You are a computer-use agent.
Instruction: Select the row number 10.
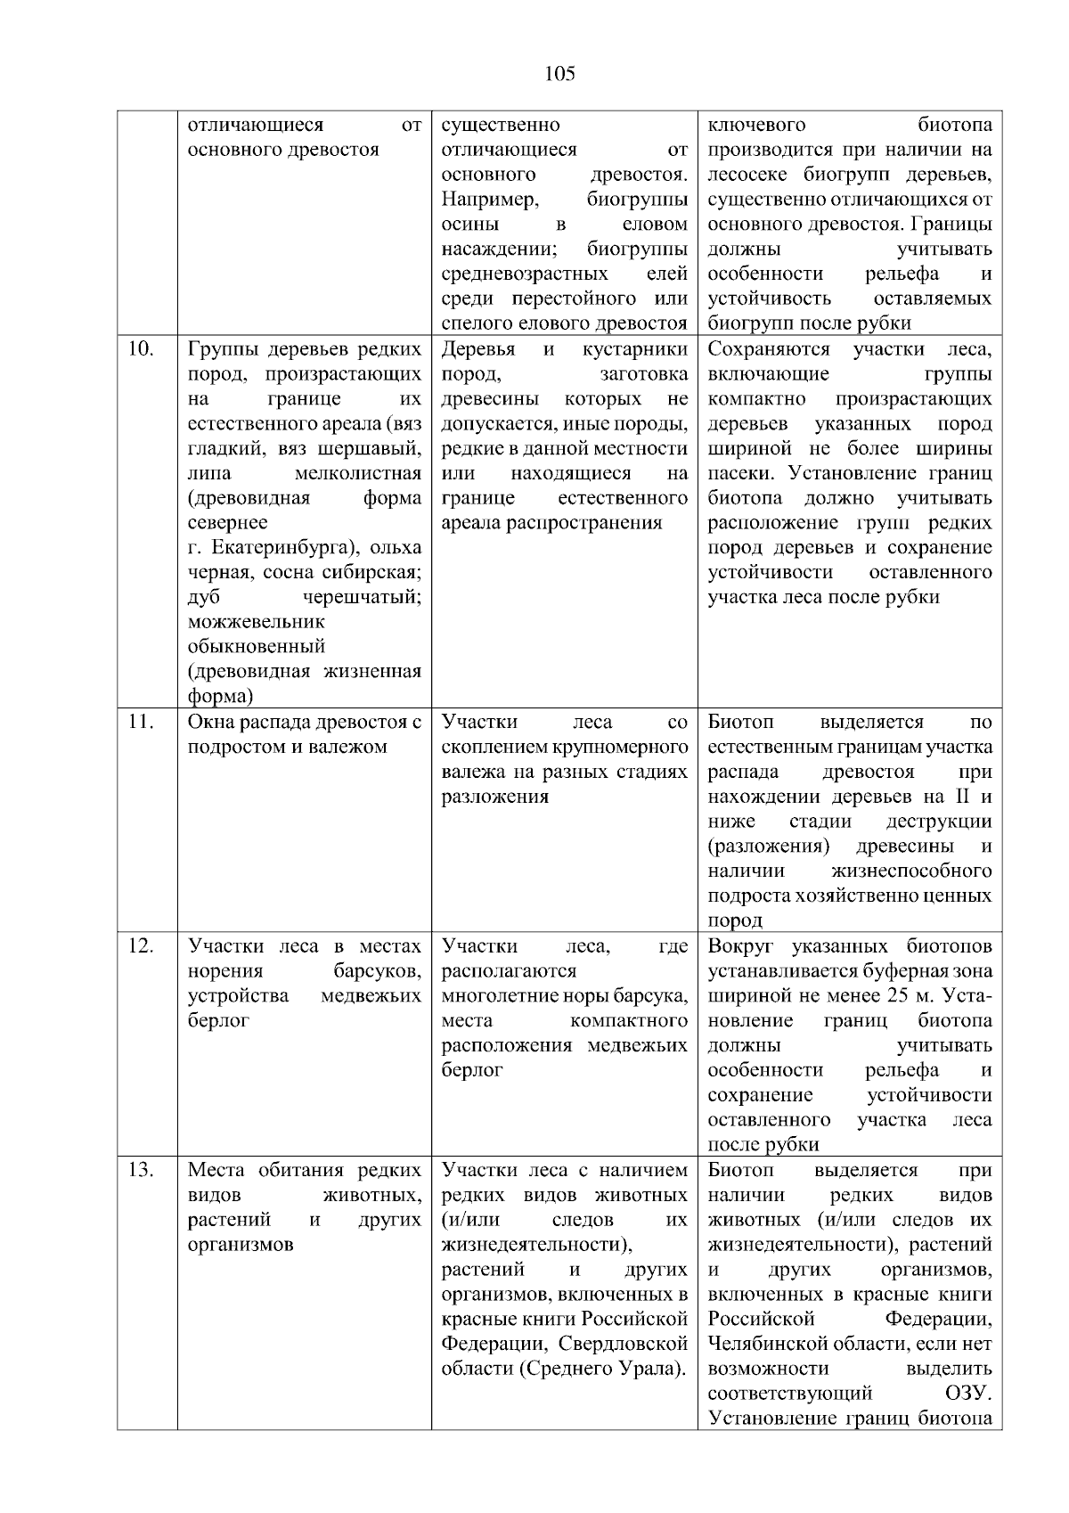point(140,348)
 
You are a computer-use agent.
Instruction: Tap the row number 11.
point(140,722)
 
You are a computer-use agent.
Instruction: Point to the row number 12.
point(140,945)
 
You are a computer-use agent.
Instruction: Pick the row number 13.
point(140,1169)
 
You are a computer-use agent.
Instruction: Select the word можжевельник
point(257,621)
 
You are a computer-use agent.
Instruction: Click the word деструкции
point(938,821)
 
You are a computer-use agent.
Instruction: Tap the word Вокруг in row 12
point(741,945)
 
